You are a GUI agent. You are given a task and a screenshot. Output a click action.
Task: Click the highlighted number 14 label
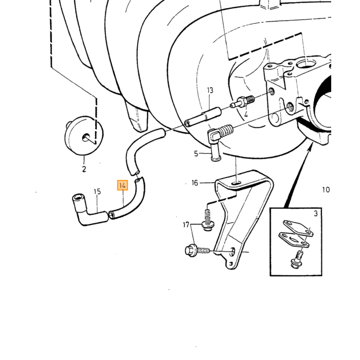[x=122, y=185]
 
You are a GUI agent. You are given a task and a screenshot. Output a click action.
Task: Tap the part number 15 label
[x=97, y=191]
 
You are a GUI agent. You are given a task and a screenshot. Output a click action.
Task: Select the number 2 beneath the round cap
[x=84, y=169]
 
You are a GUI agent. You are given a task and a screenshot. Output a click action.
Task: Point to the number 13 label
[x=210, y=90]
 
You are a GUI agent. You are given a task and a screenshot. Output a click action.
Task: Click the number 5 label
[x=196, y=154]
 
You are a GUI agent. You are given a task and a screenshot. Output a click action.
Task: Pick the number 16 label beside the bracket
[x=195, y=183]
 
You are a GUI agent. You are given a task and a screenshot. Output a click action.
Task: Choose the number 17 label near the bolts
[x=186, y=225]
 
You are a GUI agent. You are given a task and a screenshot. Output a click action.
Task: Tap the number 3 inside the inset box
[x=316, y=213]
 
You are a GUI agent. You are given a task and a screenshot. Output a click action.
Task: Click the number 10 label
[x=326, y=190]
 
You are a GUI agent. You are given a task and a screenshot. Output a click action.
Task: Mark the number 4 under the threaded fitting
[x=246, y=114]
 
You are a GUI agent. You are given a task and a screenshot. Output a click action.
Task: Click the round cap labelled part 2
[x=84, y=135]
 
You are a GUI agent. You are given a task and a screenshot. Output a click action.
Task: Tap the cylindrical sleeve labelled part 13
[x=203, y=116]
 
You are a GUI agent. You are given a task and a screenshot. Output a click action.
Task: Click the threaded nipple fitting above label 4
[x=242, y=102]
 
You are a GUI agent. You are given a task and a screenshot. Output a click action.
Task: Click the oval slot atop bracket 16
[x=236, y=183]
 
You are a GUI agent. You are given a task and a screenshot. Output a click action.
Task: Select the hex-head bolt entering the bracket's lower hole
[x=197, y=250]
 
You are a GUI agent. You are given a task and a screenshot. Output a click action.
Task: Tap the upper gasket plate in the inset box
[x=298, y=228]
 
